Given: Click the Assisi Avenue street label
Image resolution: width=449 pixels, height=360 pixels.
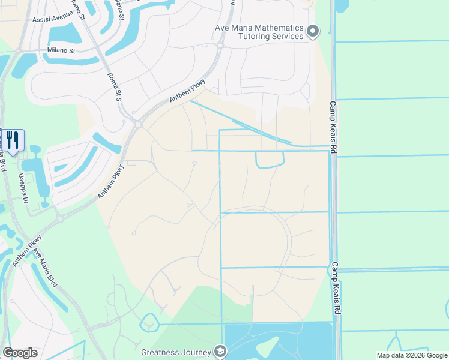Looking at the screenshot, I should (48, 19).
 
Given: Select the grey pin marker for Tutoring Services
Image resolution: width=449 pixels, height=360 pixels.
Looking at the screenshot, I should (312, 32).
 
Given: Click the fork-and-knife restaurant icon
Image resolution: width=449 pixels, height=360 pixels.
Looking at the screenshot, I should (14, 140).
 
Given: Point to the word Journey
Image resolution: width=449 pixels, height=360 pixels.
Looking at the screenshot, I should (197, 352).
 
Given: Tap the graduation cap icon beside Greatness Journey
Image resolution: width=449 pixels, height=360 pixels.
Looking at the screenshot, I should (221, 352).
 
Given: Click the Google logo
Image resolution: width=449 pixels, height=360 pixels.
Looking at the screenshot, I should (20, 353).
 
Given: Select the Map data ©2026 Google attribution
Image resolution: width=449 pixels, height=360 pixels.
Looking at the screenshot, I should (412, 355).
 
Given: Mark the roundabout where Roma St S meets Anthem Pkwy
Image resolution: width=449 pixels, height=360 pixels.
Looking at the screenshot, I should (137, 124).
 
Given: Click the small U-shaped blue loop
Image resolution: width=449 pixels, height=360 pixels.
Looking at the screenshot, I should (270, 160).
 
